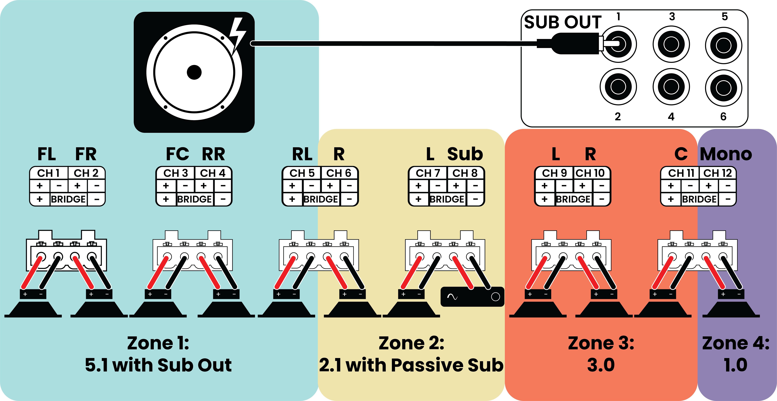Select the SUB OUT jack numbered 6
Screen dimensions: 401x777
click(x=724, y=88)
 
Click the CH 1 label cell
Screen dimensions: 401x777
click(x=49, y=173)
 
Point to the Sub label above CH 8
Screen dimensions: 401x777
click(x=465, y=154)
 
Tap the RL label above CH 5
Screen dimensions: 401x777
click(x=302, y=154)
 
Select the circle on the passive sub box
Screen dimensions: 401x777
click(x=495, y=297)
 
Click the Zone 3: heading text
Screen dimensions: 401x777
click(x=601, y=343)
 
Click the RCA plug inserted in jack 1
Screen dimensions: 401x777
click(x=573, y=44)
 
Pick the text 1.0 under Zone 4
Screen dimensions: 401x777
click(x=735, y=365)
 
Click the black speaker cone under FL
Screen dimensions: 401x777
click(x=33, y=309)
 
